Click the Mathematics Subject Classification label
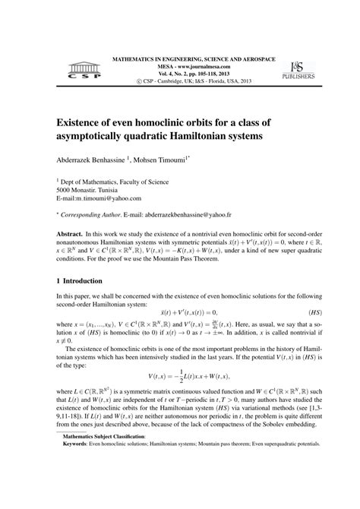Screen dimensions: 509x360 (x=105, y=479)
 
